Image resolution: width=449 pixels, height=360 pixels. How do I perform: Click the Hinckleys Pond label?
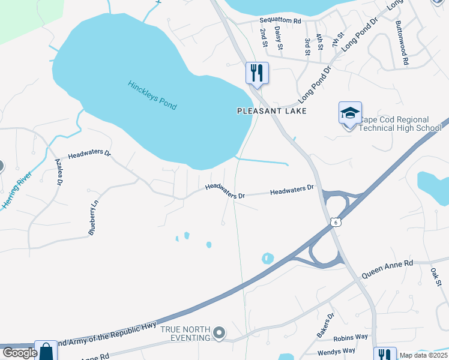152,95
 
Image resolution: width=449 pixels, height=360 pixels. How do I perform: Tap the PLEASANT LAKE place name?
272,111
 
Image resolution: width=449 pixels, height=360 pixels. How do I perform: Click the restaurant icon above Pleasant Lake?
257,73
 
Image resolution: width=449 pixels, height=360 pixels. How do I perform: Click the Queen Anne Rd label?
388,271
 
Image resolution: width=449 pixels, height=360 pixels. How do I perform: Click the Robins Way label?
351,338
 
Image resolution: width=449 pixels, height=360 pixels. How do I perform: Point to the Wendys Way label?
337,351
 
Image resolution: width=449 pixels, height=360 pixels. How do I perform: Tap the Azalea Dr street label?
59,173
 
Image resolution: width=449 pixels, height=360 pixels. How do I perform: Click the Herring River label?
16,190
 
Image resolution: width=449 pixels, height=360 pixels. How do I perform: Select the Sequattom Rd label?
280,20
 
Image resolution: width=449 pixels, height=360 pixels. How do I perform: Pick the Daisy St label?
278,37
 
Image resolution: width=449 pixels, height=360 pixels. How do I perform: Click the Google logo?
20,353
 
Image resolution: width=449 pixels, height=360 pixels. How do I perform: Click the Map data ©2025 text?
423,355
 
